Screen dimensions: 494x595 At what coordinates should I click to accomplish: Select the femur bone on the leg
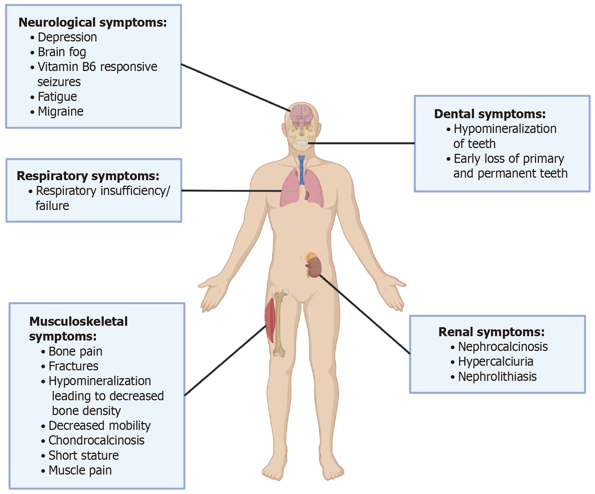(279, 324)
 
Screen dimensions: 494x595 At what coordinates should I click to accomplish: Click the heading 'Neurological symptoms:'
(93, 22)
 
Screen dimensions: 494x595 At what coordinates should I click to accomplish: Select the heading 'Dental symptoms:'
(489, 114)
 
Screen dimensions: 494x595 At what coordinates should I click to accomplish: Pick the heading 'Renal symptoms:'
(491, 332)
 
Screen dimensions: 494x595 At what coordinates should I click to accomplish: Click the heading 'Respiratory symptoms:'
(88, 176)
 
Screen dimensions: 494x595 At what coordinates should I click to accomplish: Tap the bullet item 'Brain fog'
(62, 52)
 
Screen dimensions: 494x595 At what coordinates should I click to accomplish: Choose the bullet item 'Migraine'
(61, 112)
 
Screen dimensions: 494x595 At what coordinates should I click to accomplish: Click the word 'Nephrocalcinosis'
(502, 347)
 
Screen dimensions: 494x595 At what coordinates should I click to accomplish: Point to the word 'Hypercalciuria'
(495, 361)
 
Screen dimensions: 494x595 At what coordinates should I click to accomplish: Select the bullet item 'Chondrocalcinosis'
(96, 440)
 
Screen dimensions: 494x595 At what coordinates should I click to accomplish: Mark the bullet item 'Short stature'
(84, 455)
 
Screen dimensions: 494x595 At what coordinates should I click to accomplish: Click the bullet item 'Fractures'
(73, 366)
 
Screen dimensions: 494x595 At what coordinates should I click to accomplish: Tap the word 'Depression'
(67, 37)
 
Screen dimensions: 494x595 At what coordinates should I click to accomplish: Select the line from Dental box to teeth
(360, 143)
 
